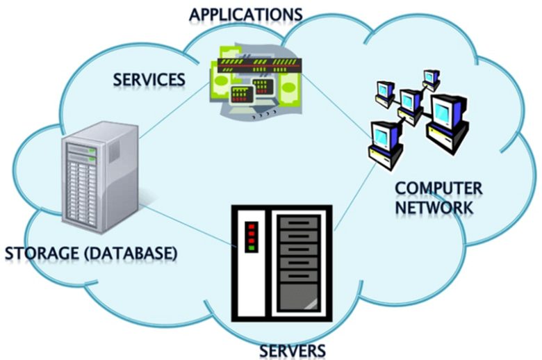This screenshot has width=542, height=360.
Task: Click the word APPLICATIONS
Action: tap(246, 14)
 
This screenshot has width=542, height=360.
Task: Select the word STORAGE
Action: tap(45, 254)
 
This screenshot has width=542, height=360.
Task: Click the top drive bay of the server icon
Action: tap(298, 223)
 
